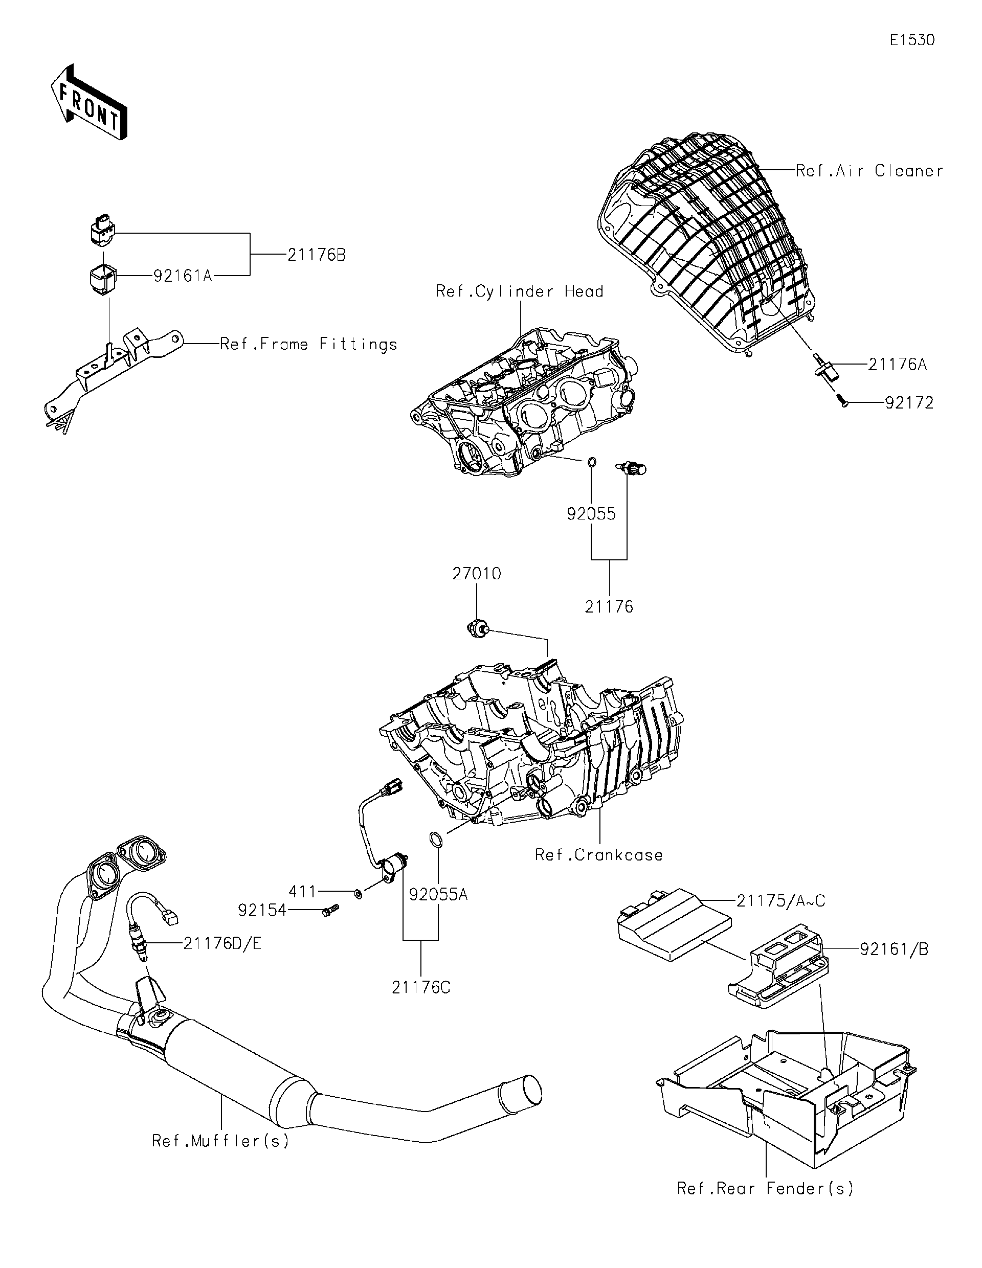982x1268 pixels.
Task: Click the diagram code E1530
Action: point(912,40)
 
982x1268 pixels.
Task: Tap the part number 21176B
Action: point(317,255)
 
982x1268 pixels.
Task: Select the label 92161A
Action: point(183,276)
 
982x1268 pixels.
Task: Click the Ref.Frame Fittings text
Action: point(308,344)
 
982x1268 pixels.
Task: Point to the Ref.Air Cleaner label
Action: point(869,171)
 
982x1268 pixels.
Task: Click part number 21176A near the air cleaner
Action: point(897,365)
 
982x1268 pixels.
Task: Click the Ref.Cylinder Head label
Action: point(520,291)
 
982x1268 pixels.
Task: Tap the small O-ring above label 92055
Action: point(591,462)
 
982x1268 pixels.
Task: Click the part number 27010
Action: point(476,574)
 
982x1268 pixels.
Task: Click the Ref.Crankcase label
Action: point(598,855)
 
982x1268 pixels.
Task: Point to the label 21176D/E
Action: point(222,944)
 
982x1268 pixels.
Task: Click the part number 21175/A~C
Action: point(780,900)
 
